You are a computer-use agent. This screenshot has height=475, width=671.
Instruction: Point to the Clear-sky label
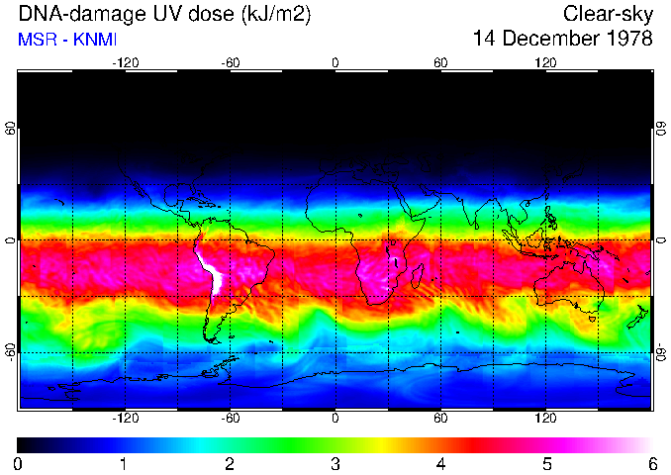click(x=608, y=15)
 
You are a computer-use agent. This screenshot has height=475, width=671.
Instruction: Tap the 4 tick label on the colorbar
click(x=440, y=463)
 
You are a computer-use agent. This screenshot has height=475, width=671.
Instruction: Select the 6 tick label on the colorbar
click(x=652, y=463)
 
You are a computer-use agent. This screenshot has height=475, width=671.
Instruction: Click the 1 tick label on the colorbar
click(x=124, y=463)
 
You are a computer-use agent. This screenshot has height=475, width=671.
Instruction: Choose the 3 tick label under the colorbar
click(x=335, y=463)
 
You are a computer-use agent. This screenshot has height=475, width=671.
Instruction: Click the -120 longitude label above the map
click(x=125, y=63)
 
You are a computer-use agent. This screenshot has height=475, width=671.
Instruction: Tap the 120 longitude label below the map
click(x=546, y=419)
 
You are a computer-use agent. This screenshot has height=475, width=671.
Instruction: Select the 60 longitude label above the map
click(x=440, y=63)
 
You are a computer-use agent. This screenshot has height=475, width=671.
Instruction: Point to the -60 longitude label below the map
click(x=230, y=419)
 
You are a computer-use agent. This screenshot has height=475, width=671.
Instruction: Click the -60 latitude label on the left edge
click(x=11, y=351)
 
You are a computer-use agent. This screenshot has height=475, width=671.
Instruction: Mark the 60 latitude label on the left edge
click(x=11, y=129)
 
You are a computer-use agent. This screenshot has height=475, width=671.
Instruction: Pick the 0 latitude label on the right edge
click(x=660, y=240)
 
